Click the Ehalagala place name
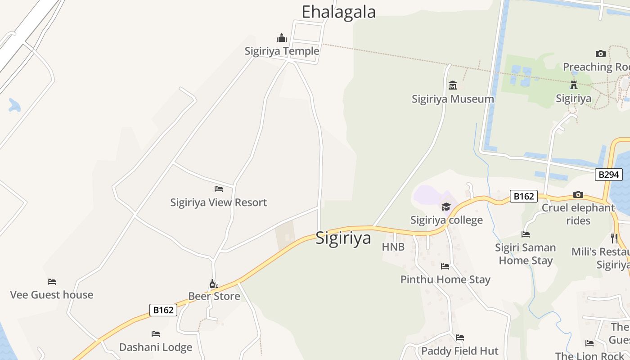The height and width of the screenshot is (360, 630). tap(338, 12)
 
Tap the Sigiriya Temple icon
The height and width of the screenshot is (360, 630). tap(282, 38)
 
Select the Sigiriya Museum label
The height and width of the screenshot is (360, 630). tap(453, 99)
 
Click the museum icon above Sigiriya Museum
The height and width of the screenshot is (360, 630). tap(453, 85)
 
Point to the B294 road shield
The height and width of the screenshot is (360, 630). tap(608, 174)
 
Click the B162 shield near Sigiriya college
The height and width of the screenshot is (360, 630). tap(524, 196)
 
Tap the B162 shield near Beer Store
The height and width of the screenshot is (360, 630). tap(163, 310)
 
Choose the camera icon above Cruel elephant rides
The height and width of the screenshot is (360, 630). tap(578, 195)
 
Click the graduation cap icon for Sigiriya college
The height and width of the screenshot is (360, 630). tap(446, 207)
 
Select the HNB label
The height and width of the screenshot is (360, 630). tap(393, 247)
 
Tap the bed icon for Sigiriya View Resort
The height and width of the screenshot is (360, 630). tap(219, 189)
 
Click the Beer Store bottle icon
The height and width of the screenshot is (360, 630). tap(214, 283)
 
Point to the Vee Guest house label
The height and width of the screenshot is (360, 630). tap(52, 295)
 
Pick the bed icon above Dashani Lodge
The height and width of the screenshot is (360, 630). tap(156, 334)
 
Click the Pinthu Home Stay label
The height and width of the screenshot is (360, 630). tap(445, 279)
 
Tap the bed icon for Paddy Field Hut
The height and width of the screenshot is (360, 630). tap(459, 337)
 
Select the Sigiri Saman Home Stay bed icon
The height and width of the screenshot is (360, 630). tap(525, 234)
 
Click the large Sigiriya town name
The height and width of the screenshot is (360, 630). tap(343, 238)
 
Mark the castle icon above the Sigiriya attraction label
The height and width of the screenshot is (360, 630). tap(573, 85)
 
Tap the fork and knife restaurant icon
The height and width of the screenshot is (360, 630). tap(614, 238)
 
